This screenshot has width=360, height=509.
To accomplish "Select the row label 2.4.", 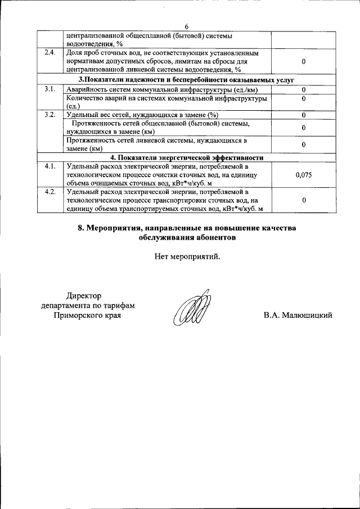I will tap(50, 53).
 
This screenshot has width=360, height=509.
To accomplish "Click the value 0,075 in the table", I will tap(303, 175).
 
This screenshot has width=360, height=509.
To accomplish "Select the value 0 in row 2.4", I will tap(303, 61).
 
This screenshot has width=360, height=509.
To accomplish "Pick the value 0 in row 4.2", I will tap(303, 200).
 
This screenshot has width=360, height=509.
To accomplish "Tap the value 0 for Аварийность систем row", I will tap(303, 90).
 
